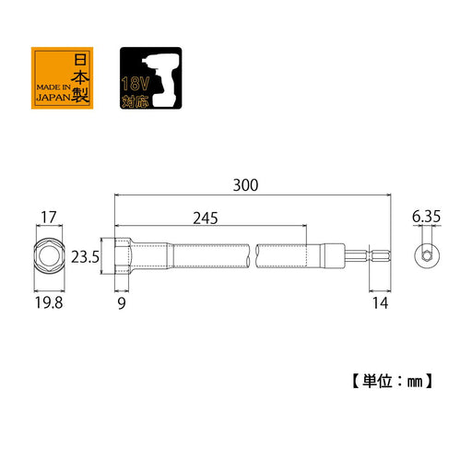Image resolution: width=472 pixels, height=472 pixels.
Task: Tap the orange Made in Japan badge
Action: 62,78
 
